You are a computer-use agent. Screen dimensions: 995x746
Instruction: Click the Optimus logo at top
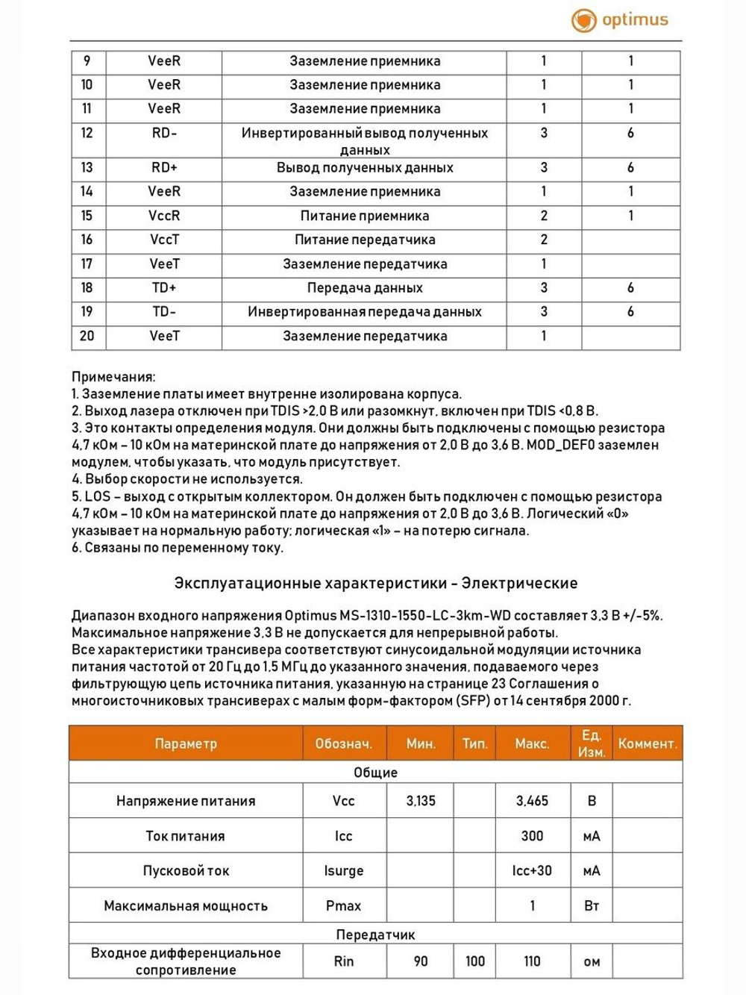pos(620,20)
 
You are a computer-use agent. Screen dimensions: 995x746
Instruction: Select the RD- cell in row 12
pos(164,133)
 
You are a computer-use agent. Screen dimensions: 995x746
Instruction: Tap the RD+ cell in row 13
pos(164,167)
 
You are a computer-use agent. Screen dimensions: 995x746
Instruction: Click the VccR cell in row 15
pos(164,216)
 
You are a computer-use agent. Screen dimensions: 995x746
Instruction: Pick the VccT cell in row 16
pos(164,240)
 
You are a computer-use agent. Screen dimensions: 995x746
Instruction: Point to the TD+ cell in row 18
pos(164,287)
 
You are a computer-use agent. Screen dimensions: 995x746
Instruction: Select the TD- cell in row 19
pos(164,311)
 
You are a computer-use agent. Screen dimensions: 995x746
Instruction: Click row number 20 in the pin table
pos(87,336)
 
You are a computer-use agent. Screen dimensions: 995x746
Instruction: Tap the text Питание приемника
pos(364,216)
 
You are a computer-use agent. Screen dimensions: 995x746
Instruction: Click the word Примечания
pos(113,377)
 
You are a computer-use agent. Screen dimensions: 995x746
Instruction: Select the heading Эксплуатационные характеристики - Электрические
pos(375,583)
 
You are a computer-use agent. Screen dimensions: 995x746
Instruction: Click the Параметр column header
pos(186,743)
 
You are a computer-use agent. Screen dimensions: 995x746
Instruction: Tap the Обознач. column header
pos(343,743)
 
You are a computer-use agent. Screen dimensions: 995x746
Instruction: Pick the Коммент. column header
pos(647,743)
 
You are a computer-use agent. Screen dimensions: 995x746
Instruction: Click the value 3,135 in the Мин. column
pos(421,801)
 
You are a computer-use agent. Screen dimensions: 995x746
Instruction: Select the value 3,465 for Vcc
pos(532,801)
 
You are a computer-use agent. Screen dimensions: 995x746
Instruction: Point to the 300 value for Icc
pos(532,836)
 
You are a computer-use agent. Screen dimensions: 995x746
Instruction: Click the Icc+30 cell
pos(532,870)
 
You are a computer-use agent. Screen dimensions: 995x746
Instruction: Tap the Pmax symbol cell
pos(343,905)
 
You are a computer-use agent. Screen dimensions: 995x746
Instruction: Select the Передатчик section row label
pos(375,935)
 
